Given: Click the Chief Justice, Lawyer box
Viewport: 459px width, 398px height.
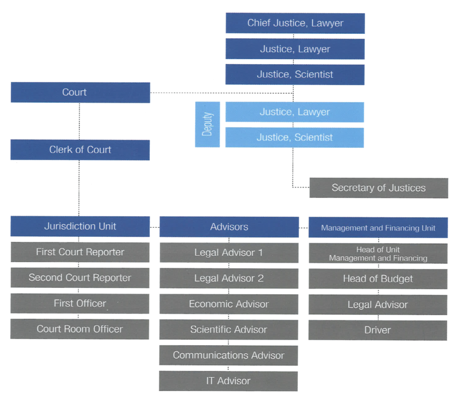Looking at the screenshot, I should pos(295,24).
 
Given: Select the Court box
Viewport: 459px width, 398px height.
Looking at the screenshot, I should pos(80,92).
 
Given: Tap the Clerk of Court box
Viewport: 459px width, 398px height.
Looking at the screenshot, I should pos(80,150).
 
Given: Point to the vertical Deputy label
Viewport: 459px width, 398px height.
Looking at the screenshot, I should pos(208,124).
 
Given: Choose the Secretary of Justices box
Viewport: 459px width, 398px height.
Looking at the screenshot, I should pos(379,188).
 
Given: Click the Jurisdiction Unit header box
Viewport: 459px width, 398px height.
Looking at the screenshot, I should pos(80,226).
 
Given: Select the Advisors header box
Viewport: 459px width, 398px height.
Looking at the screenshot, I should pos(229,227).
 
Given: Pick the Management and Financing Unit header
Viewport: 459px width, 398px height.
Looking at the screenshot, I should pos(378,228).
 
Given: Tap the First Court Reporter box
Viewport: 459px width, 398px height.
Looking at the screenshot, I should pos(80,252).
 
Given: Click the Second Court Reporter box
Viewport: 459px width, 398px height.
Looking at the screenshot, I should pos(80,278).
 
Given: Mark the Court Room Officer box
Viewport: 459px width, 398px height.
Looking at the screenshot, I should pos(80,329).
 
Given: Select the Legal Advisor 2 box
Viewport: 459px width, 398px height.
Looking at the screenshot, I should pos(229,278).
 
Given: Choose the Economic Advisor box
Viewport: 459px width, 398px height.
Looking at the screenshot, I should pos(229,304).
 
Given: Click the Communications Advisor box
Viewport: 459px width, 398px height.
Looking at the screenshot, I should pos(229,355).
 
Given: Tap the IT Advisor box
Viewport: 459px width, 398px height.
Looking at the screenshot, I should pos(229,381).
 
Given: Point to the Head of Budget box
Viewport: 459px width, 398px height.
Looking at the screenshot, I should pos(378,279).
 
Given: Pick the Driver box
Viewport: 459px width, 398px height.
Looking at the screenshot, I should pos(378,330).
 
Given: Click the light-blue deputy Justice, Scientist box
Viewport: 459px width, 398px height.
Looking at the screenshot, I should pos(294,138).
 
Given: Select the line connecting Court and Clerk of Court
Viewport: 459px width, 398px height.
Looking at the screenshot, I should pos(80,122).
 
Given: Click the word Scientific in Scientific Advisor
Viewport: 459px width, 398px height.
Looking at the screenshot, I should pos(211,330).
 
